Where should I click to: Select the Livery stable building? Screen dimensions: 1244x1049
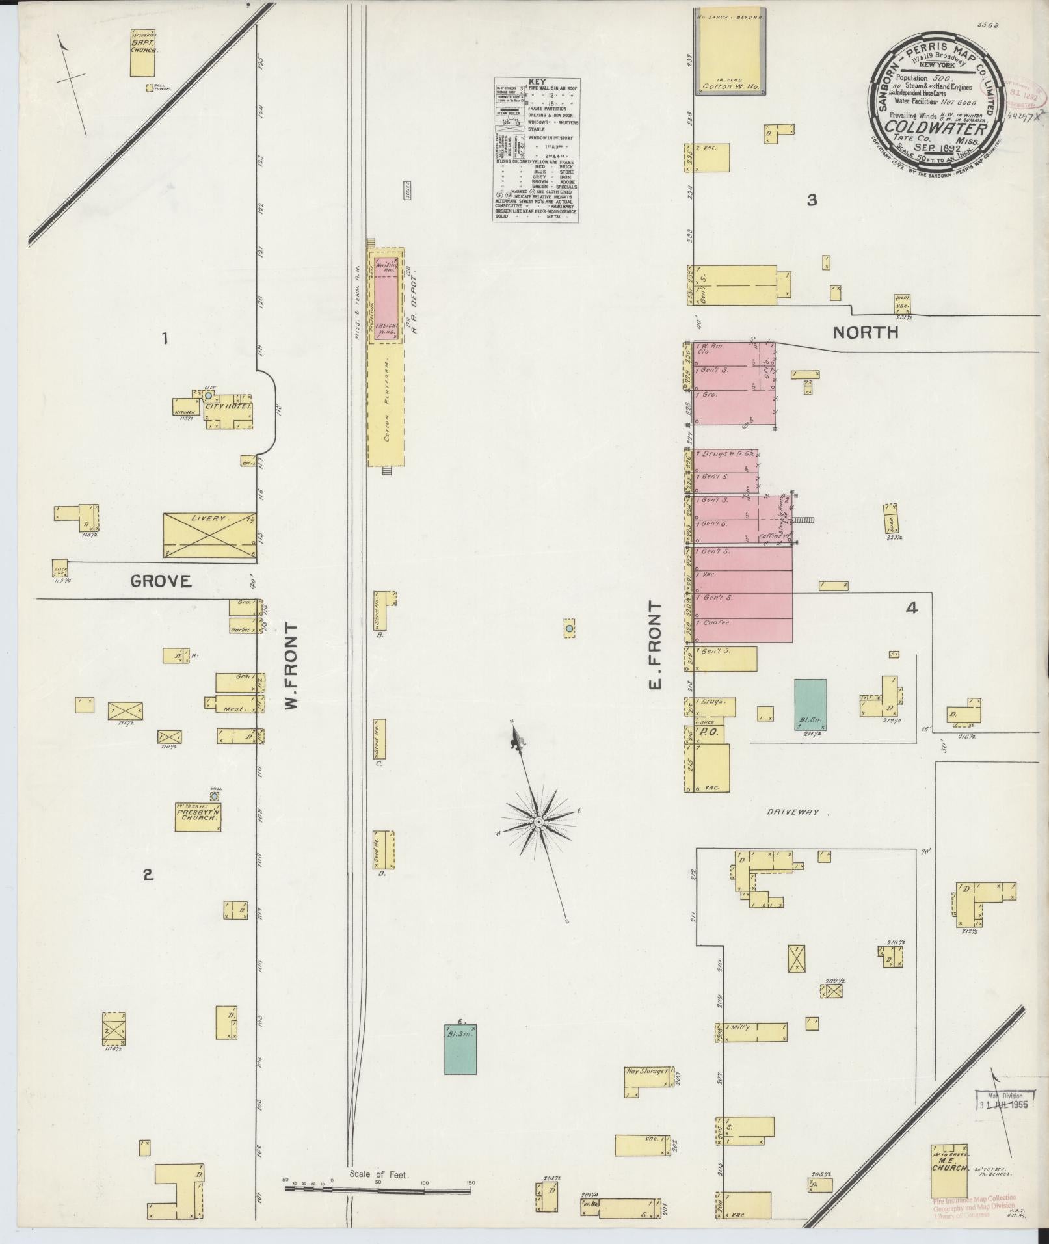coord(209,535)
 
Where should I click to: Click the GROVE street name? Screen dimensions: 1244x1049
coord(161,581)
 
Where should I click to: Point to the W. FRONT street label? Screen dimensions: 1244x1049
coord(291,667)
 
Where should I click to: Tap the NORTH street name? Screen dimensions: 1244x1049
coord(866,333)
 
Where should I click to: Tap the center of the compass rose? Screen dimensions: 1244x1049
coord(538,823)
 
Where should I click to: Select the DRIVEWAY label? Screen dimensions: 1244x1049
coord(790,813)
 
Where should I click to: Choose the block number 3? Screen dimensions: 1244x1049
coord(811,200)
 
